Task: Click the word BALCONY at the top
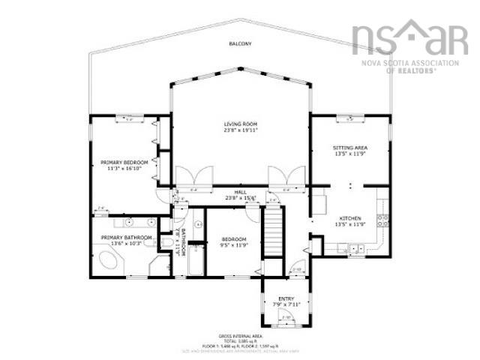point(240,44)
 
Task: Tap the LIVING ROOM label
point(240,124)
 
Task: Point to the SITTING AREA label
point(349,148)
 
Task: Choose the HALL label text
point(240,193)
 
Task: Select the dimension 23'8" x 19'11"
point(240,131)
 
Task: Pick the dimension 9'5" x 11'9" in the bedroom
point(234,244)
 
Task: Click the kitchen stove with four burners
point(382,220)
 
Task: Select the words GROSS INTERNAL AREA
point(240,337)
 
